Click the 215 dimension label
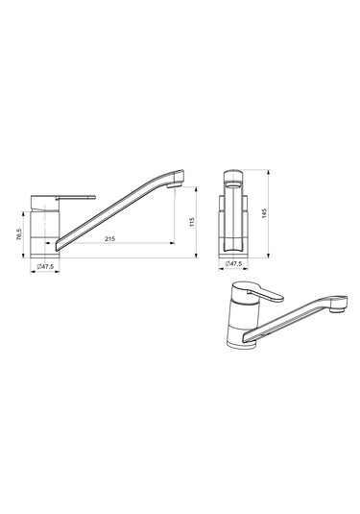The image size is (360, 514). tap(109, 239)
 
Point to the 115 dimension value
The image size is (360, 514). tap(192, 222)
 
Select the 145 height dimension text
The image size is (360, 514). tap(265, 213)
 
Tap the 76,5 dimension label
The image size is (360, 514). tap(19, 234)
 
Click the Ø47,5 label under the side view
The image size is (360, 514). tap(45, 266)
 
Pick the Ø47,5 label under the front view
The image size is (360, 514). tap(233, 263)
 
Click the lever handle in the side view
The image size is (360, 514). tap(75, 197)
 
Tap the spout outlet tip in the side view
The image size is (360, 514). tap(175, 185)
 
